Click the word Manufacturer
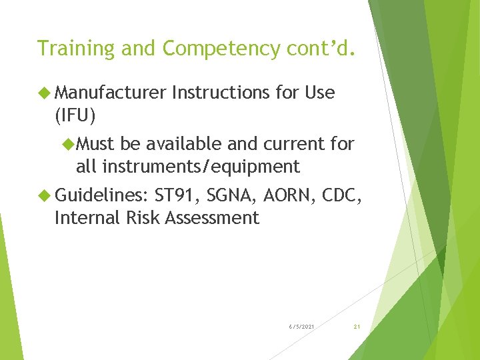coord(111,93)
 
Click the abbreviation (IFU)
coord(75,116)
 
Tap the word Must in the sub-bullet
coord(96,143)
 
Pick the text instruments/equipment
coord(201,165)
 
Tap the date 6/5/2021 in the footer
coord(302,326)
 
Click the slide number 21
coord(357,326)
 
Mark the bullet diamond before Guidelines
coord(45,195)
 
